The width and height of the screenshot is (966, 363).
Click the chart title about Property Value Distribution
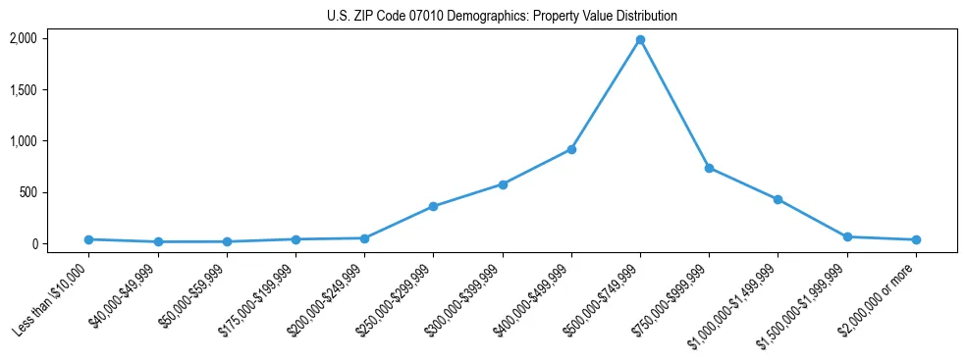tap(502, 17)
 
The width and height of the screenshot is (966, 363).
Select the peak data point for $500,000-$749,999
tap(640, 40)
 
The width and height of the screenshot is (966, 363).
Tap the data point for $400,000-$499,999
tap(571, 149)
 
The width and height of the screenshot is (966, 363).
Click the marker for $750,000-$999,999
tap(709, 168)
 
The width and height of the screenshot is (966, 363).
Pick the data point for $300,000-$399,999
tap(503, 184)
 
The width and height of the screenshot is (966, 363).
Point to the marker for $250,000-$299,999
tap(433, 207)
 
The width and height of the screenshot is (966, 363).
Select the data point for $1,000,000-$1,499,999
tap(778, 199)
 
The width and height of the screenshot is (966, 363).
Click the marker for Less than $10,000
tap(88, 239)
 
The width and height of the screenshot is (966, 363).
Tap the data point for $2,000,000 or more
tap(916, 239)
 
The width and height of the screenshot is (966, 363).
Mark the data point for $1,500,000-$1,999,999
tap(847, 236)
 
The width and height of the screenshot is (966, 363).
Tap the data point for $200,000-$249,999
tap(364, 238)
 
